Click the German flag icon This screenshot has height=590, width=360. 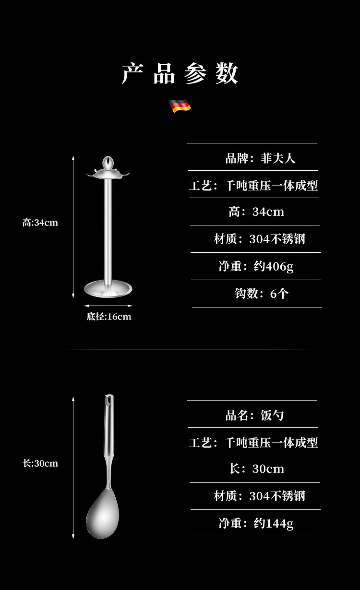click(x=180, y=106)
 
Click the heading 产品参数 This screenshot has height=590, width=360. click(x=180, y=74)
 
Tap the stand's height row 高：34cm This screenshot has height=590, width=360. click(x=256, y=212)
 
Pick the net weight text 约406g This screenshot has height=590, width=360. click(x=274, y=266)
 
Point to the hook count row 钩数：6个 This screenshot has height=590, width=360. click(x=262, y=294)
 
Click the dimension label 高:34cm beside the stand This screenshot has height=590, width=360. click(x=40, y=223)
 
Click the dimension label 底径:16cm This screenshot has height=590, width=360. click(x=108, y=317)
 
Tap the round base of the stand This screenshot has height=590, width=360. click(x=108, y=289)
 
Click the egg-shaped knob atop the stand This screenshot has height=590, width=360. click(x=108, y=163)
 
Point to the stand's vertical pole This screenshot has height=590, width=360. click(x=108, y=230)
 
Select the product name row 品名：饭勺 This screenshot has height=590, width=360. click(x=255, y=415)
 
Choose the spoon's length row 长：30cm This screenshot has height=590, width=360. click(x=256, y=469)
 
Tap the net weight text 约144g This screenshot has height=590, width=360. click(x=274, y=523)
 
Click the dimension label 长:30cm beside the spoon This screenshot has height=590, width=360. click(x=40, y=463)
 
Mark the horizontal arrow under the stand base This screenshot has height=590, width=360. click(x=108, y=306)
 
